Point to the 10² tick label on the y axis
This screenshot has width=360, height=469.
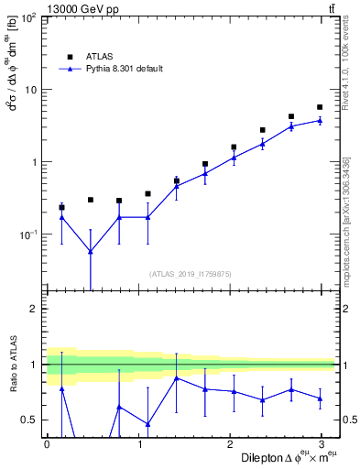30,18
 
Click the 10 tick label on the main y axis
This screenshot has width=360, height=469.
30,90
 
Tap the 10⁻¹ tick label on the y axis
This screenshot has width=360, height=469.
28,234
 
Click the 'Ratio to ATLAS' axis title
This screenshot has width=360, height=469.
12,365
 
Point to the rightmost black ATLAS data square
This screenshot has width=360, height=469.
320,107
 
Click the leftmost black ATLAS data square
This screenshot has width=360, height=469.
61,207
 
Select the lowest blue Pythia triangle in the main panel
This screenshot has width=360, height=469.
90,251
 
